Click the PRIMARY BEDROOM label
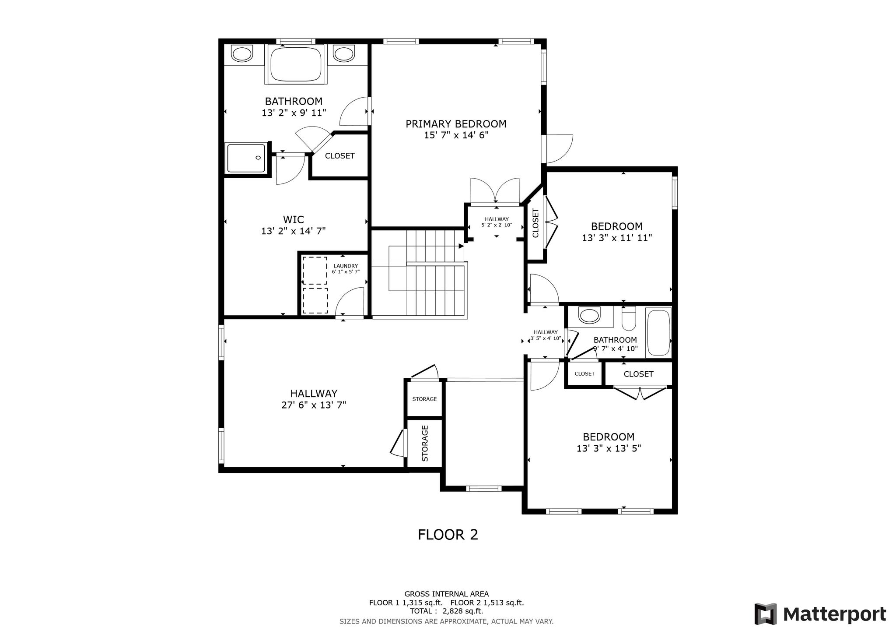456,124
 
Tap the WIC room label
294,219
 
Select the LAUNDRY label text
346,266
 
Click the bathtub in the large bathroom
296,64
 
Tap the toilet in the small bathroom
628,319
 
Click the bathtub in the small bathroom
658,332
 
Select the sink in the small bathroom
589,315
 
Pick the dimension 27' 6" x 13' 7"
314,405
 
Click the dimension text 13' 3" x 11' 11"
617,238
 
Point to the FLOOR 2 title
448,535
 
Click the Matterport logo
820,614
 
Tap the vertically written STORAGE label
425,443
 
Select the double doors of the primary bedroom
495,191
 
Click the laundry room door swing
350,301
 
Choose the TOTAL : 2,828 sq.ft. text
446,611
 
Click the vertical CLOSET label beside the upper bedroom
535,223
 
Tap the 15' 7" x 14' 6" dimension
456,135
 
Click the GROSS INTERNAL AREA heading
446,594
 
